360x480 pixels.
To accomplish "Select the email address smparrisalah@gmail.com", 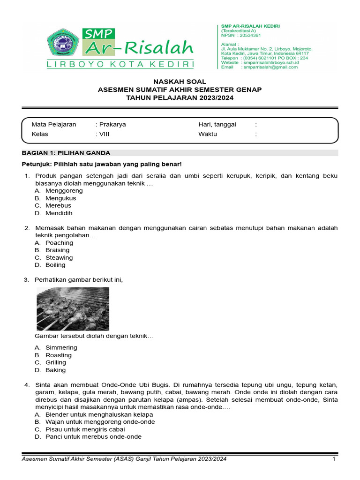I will (270, 67).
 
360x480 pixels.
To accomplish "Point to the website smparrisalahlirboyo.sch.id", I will (276, 62).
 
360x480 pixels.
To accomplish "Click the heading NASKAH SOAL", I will (180, 82).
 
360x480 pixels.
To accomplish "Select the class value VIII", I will (104, 134).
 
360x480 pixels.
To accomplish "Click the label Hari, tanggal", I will (217, 125).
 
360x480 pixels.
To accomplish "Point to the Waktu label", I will (208, 134).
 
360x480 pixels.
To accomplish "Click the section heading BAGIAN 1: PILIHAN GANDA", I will (66, 153).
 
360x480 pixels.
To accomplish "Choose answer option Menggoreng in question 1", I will (64, 191).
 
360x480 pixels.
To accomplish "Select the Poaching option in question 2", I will (59, 243).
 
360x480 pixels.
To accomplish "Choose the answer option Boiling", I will (55, 265).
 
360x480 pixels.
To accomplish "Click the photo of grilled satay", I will (73, 309).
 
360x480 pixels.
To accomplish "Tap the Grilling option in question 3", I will (56, 362).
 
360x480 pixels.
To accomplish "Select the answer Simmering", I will (61, 347).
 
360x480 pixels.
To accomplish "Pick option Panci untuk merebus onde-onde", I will (93, 436).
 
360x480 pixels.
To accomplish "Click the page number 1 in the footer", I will (334, 459).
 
